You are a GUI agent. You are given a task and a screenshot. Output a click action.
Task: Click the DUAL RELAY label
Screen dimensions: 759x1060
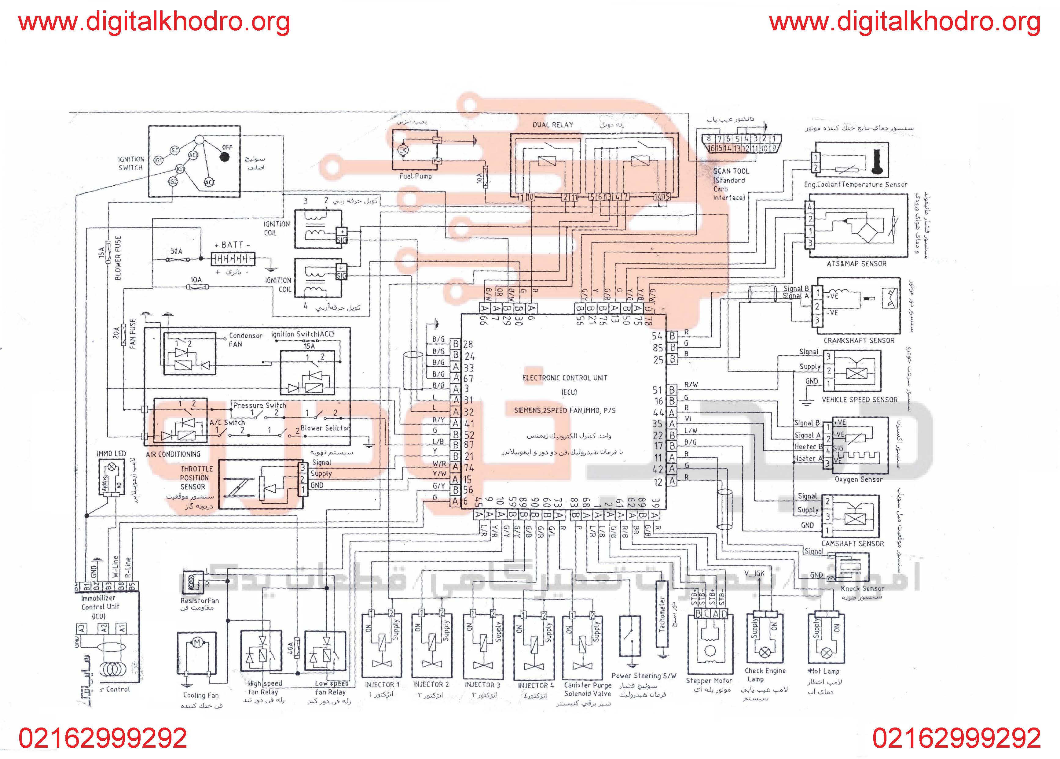point(553,125)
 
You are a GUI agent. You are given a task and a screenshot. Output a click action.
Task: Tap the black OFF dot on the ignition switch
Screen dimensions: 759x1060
point(225,157)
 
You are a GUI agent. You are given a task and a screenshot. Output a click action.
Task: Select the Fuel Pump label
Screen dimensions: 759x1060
point(416,176)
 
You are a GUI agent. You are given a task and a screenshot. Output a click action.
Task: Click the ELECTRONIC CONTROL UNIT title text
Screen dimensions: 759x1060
point(565,378)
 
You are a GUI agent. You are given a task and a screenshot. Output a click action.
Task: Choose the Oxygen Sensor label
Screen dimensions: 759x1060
point(858,479)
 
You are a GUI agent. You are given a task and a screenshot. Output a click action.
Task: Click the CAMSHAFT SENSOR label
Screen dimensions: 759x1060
point(852,543)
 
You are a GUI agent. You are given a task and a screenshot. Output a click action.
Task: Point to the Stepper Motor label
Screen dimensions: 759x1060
point(709,680)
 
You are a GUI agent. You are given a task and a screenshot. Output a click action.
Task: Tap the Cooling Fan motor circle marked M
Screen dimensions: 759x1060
point(196,643)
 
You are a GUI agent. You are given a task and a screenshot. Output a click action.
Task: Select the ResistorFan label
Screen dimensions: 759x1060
point(200,601)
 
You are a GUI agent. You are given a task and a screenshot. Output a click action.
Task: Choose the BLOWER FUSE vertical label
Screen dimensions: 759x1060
point(118,258)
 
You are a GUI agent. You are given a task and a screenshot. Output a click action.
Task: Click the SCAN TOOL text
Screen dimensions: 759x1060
point(731,171)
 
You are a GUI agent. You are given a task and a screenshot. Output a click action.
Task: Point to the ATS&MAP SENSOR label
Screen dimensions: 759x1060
point(856,264)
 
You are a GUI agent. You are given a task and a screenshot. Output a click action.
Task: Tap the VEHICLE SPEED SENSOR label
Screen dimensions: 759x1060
point(859,400)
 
